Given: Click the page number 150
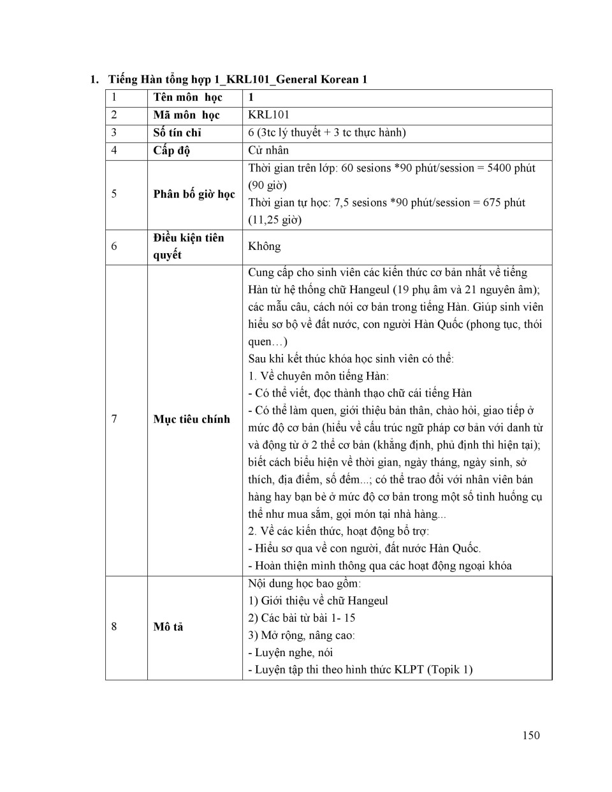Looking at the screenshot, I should (530, 735).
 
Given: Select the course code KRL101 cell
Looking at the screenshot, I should (268, 115).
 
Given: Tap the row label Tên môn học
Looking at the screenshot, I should (187, 98).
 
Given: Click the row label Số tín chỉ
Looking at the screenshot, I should (177, 133).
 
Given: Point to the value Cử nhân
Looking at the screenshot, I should (268, 150).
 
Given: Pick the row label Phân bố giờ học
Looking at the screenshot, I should (194, 194).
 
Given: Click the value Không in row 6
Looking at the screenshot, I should (264, 246).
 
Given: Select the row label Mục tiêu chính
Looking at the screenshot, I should (191, 419).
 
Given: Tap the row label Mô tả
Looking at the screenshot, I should (168, 627).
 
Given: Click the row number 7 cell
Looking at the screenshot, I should (114, 419).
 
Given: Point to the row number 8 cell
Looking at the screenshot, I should (114, 627).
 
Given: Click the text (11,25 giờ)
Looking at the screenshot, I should (275, 220).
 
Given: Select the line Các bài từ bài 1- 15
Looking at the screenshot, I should (302, 618).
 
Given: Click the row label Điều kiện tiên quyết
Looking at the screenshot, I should (188, 246).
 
